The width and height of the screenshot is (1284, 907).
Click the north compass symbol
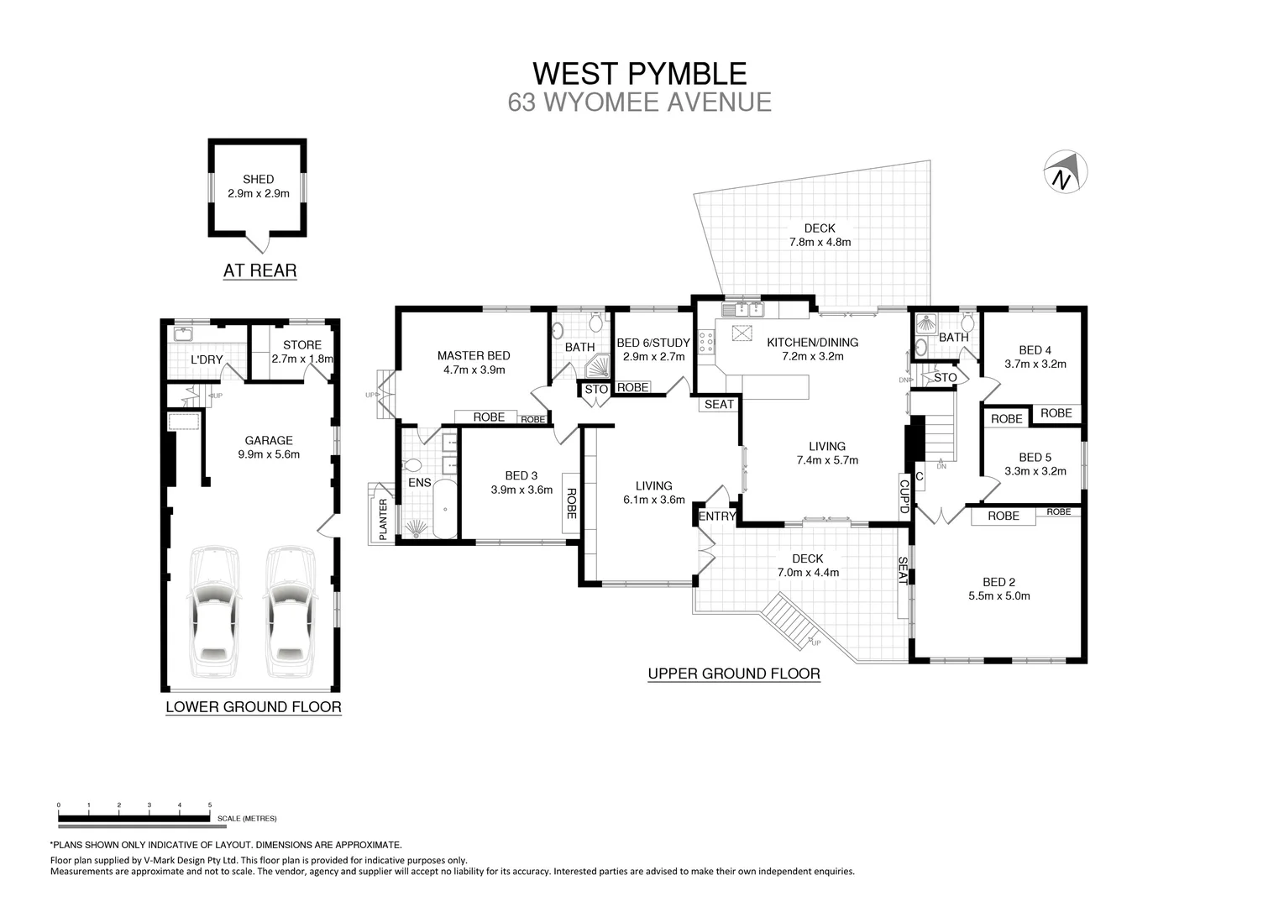click(1064, 173)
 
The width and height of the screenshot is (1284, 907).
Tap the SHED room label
click(258, 179)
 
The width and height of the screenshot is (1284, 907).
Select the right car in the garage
click(290, 611)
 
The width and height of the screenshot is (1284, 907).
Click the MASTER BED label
click(474, 355)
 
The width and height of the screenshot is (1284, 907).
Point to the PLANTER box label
click(383, 518)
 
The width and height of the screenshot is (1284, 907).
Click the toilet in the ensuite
click(413, 465)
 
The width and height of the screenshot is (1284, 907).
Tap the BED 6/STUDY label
click(653, 343)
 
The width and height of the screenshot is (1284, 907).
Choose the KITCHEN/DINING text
click(812, 342)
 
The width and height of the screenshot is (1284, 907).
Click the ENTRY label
click(717, 516)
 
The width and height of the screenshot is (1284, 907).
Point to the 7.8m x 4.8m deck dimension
click(820, 242)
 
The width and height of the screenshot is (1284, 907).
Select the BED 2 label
click(999, 582)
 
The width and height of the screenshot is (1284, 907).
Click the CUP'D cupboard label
click(904, 495)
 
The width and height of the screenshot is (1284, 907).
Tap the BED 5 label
click(1035, 458)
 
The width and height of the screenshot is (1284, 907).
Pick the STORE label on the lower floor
click(302, 344)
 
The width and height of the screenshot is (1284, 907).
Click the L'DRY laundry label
click(207, 360)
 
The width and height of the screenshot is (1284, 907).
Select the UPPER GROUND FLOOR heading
click(733, 674)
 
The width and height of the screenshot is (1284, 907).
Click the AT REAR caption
click(259, 270)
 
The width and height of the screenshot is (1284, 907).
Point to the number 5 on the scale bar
click(210, 805)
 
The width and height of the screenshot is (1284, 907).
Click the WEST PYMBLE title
click(640, 73)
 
